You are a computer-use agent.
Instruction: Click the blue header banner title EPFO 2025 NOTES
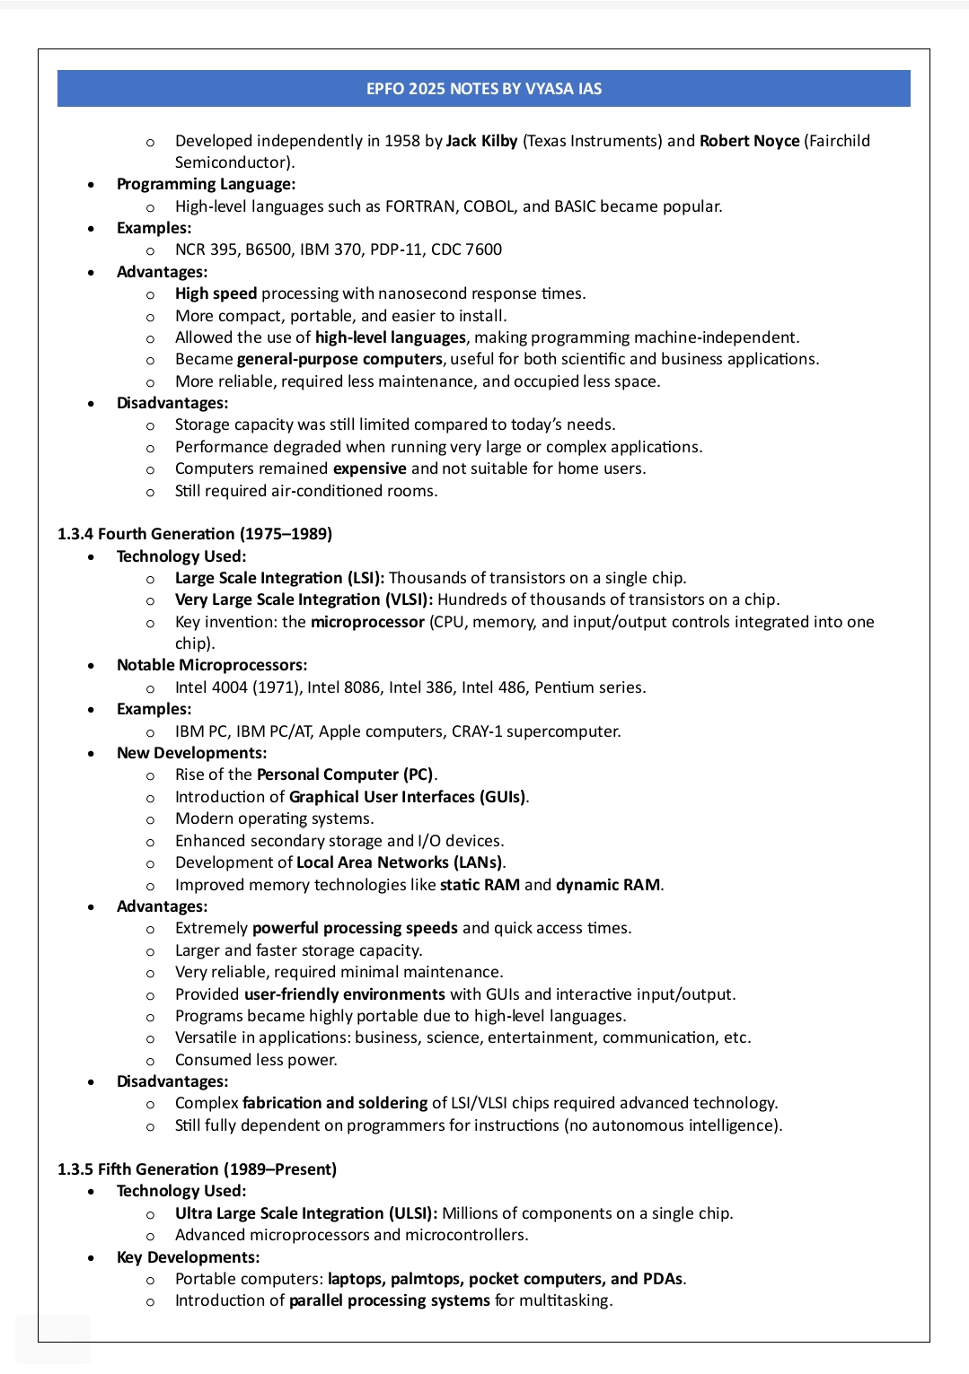point(483,89)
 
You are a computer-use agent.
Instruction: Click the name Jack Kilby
point(481,141)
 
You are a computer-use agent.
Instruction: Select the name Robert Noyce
point(749,141)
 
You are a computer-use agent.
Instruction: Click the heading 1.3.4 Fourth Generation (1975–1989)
point(195,534)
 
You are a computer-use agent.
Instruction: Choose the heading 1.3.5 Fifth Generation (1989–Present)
point(197,1169)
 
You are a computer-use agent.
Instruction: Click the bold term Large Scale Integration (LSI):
point(279,578)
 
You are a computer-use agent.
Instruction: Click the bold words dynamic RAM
point(608,885)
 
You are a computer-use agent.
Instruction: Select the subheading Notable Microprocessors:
point(212,665)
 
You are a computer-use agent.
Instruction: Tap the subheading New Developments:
point(191,753)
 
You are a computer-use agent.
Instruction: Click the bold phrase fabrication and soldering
point(335,1103)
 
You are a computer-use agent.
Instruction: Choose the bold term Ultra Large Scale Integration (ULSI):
point(306,1213)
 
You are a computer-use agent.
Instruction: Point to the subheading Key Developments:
point(188,1257)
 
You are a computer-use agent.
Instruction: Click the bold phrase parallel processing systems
point(390,1301)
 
